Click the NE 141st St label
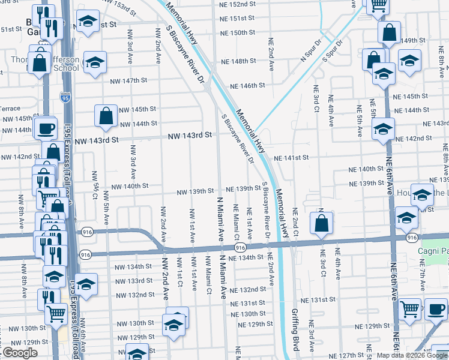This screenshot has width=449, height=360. pos(291,158)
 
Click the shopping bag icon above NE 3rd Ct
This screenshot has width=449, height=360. pos(322,223)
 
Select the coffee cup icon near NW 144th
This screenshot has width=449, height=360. pos(46,128)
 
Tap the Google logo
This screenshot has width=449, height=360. pos(19,353)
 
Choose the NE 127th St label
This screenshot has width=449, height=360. pos(346,355)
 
